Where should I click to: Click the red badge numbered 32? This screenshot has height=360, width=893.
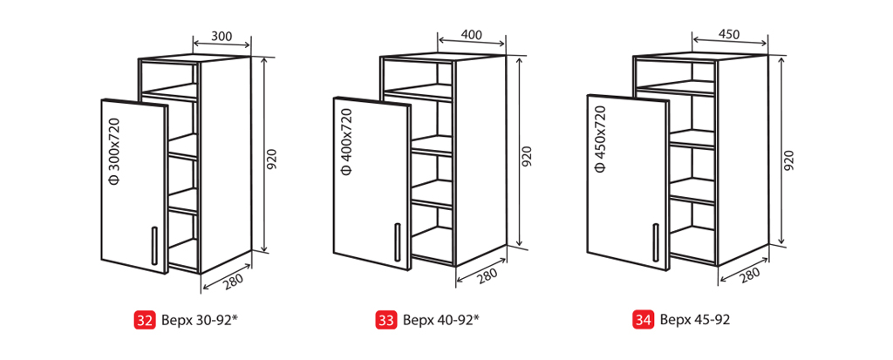[144, 320]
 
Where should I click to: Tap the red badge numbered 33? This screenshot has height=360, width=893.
[385, 320]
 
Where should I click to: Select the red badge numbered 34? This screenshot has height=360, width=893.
[643, 320]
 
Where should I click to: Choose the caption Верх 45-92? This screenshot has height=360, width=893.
[695, 320]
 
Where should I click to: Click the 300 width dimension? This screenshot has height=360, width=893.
[221, 36]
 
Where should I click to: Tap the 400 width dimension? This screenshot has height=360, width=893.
[471, 34]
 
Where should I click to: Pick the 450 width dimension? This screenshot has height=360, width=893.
[728, 34]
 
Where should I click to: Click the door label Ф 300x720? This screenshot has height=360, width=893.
[114, 152]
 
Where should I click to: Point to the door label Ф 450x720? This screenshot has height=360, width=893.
[600, 139]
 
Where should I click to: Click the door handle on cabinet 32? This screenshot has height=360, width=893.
[153, 246]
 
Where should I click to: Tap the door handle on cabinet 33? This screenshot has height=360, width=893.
[397, 242]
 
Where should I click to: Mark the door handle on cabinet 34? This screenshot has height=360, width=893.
[656, 241]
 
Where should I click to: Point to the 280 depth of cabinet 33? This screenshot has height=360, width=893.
[487, 275]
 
